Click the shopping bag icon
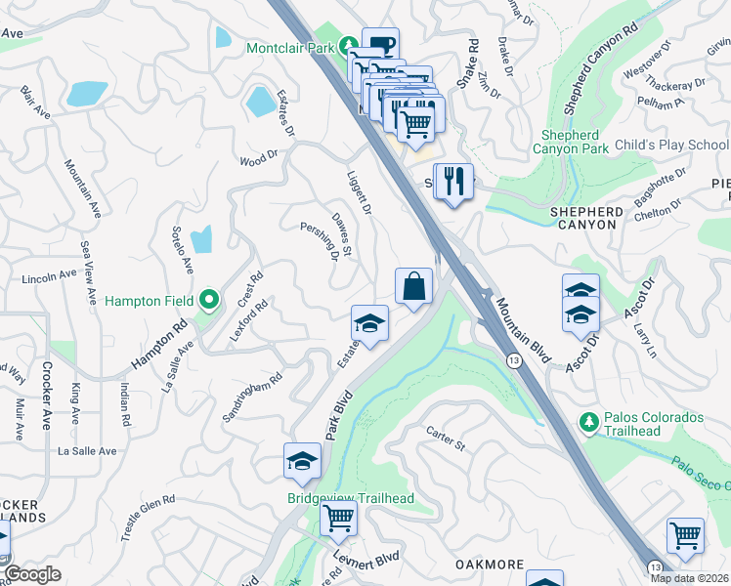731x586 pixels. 414,286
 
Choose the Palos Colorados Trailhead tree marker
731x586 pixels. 589,421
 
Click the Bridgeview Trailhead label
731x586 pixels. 350,498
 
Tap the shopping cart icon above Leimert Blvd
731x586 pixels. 338,518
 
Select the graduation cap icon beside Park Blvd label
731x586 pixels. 303,460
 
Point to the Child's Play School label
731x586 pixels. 671,145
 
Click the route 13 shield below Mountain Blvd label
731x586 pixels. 513,360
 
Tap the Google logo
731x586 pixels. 31,574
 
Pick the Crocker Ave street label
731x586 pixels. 46,396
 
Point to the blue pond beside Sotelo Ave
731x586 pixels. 201,239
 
